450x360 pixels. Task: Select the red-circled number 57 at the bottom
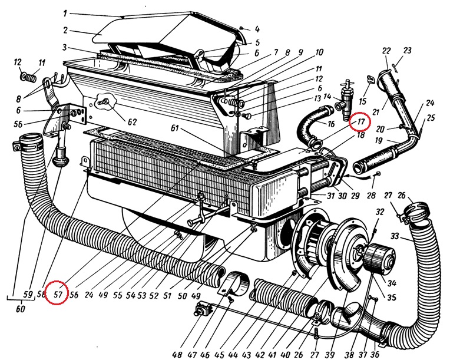[x=57, y=293]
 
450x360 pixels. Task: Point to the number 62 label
[x=131, y=122]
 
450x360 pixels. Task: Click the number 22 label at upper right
[x=386, y=51]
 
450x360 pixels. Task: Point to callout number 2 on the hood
[x=67, y=30]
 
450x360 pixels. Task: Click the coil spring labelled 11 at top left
[x=29, y=77]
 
